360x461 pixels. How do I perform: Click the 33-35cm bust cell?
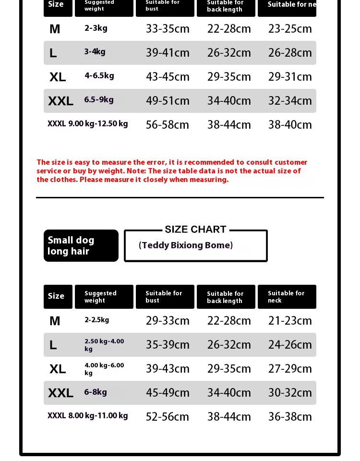(168, 29)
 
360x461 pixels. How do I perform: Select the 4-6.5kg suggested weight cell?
(99, 76)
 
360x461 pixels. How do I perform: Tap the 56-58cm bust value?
(168, 125)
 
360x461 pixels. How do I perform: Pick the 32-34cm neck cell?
(290, 101)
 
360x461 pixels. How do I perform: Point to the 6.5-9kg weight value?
(99, 100)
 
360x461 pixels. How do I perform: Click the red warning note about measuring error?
(172, 171)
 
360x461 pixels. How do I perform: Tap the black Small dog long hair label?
(81, 245)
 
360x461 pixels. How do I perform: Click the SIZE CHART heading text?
(195, 230)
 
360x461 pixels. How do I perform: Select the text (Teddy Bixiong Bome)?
(186, 245)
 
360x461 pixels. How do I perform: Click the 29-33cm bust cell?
(168, 321)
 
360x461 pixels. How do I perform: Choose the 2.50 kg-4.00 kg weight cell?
(104, 345)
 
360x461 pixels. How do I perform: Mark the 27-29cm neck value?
(290, 369)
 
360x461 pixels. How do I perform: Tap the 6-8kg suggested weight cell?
(96, 392)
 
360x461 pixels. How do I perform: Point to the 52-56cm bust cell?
(168, 417)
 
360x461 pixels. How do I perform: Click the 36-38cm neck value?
(290, 417)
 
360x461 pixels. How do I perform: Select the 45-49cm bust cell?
(168, 393)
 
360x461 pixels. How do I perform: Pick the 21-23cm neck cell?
(290, 321)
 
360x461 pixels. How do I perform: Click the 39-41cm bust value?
(168, 53)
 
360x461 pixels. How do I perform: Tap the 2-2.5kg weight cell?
(97, 320)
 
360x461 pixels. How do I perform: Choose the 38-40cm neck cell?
(290, 125)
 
